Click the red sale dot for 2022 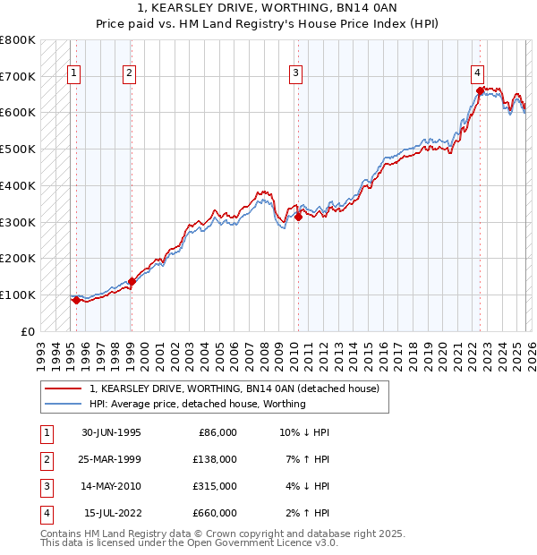(480, 90)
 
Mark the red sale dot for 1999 (132, 281)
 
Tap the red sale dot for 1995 (76, 300)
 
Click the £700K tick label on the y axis (18, 76)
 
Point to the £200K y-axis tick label (18, 258)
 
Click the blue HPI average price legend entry (197, 404)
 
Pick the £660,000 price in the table (214, 513)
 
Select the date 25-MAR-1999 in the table (111, 459)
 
